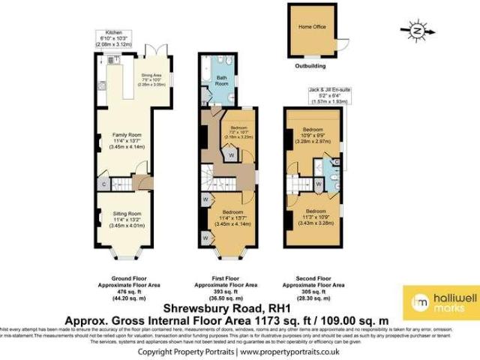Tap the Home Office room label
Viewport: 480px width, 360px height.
click(x=312, y=28)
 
